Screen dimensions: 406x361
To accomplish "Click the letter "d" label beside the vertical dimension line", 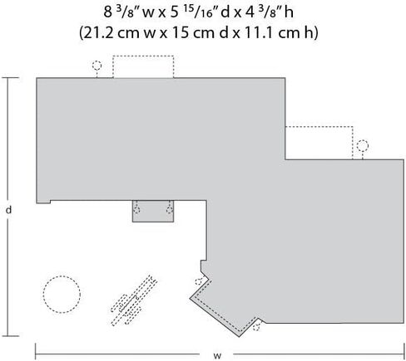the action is [9, 210].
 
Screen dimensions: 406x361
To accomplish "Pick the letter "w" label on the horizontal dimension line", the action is [217, 355].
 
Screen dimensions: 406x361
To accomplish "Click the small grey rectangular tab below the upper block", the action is [153, 211].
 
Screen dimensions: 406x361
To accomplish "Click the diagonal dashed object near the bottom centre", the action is [134, 300].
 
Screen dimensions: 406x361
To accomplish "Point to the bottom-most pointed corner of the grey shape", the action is [239, 337].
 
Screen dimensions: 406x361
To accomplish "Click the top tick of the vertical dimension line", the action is [11, 78].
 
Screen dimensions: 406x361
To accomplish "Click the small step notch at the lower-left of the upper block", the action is [43, 202].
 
